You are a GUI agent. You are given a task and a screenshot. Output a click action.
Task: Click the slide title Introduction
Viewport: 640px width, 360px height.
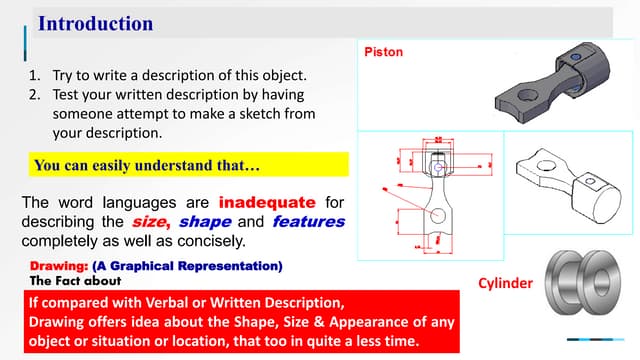coord(95,23)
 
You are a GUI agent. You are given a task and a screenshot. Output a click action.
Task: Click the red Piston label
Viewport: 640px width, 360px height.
coord(383,52)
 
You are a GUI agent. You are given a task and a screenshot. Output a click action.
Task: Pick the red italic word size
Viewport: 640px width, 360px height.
coord(151,222)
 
